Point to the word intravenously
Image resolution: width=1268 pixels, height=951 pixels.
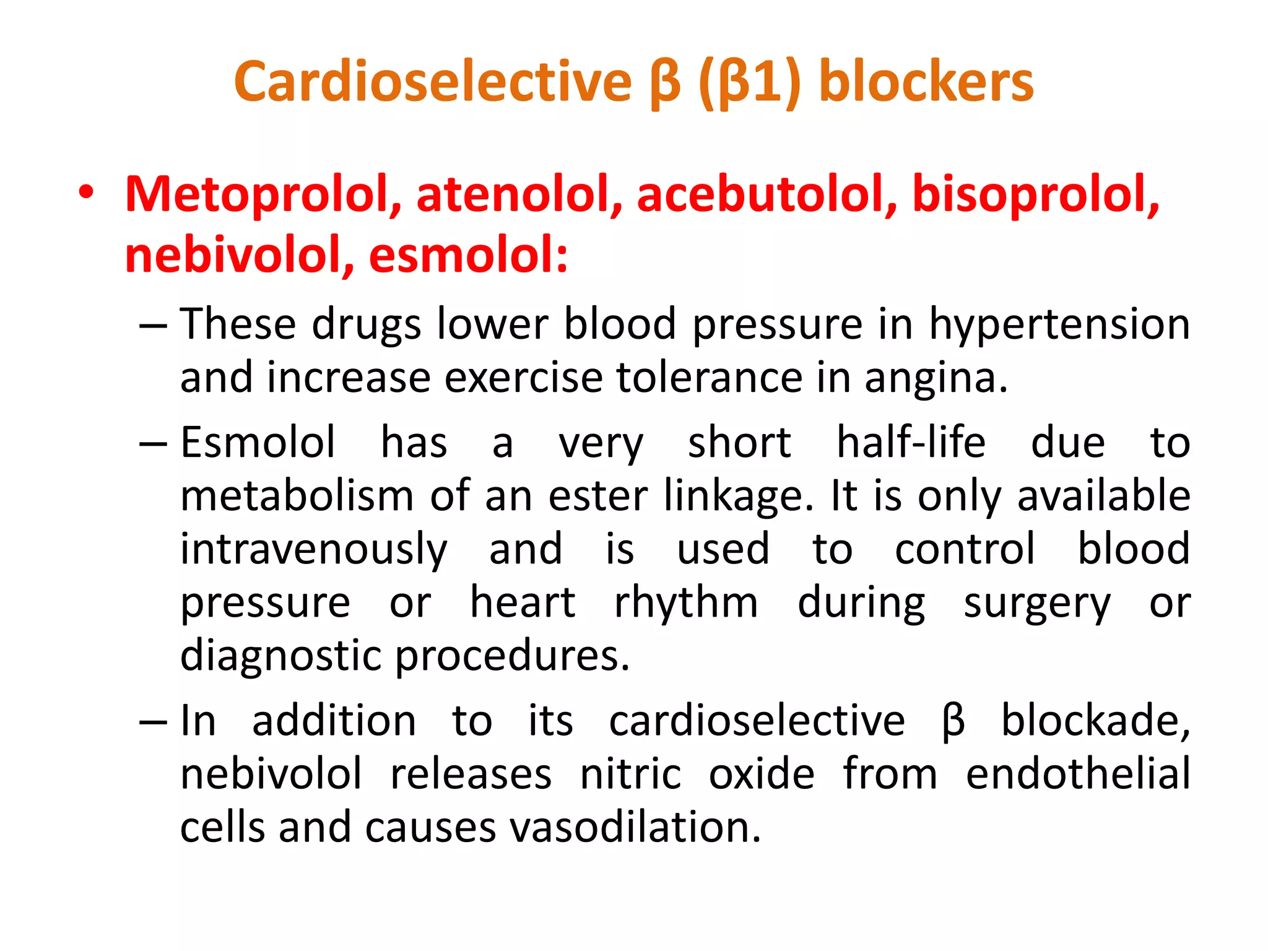point(313,550)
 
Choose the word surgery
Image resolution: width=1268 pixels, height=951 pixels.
point(1037,603)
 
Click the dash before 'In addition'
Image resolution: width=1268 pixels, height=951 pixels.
point(153,722)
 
